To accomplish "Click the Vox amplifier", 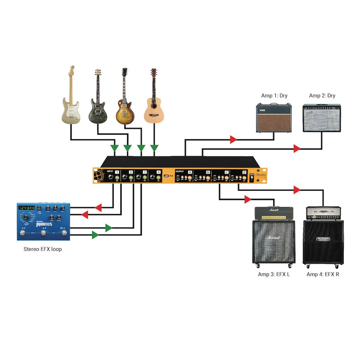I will tap(274, 118).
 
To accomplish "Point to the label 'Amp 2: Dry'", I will tap(322, 96).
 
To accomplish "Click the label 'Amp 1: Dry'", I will tap(274, 96).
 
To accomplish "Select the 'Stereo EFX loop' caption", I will tap(43, 249).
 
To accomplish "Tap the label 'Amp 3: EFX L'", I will tap(274, 274).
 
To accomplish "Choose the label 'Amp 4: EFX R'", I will tap(323, 274).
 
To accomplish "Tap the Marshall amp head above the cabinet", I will tap(274, 213).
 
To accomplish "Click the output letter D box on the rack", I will tap(244, 172).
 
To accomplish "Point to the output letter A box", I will tap(189, 172).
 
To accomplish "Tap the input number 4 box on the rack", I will tap(158, 172).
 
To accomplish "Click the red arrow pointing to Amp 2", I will tap(297, 148).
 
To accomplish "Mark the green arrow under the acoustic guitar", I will tap(154, 148).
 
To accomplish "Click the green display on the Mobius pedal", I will tap(27, 209).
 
